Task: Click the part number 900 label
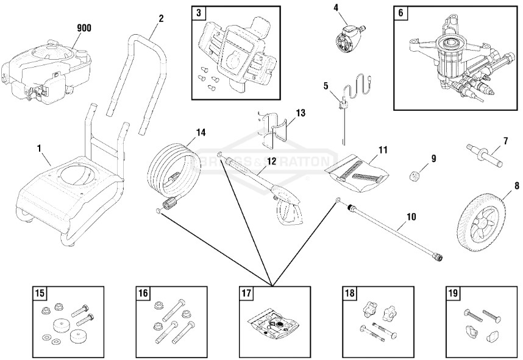(84, 28)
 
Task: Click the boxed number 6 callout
(401, 12)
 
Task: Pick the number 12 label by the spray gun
(272, 161)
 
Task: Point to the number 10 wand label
(411, 216)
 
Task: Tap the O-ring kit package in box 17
(272, 322)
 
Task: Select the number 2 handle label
(161, 18)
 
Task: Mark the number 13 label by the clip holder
(300, 113)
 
